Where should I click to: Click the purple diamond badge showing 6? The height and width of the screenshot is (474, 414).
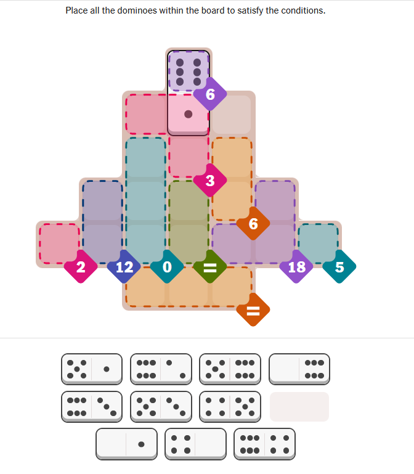[x=210, y=94]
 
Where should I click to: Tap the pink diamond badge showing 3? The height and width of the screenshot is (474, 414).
[x=210, y=181]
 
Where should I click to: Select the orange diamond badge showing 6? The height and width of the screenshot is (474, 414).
[x=253, y=224]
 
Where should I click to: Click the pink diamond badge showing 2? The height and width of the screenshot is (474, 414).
[x=81, y=267]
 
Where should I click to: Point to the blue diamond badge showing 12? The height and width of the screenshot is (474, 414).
[x=124, y=267]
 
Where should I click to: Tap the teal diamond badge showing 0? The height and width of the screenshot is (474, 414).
[x=167, y=267]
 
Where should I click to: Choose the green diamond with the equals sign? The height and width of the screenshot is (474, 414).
[x=210, y=267]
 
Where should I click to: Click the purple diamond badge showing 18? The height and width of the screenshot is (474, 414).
[x=296, y=267]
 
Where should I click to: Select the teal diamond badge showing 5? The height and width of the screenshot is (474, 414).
[x=339, y=267]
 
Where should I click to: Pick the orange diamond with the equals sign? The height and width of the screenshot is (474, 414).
[x=253, y=310]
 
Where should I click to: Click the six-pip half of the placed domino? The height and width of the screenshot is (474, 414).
[x=189, y=72]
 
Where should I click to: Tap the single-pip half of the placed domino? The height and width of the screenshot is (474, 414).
[x=189, y=114]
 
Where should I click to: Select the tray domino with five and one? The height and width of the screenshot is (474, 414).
[x=92, y=369]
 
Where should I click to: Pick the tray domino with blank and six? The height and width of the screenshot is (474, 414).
[x=299, y=369]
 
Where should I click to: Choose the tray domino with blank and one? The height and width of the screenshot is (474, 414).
[x=127, y=444]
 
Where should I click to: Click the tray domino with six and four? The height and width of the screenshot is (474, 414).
[x=265, y=444]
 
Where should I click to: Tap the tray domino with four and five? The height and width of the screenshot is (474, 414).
[x=230, y=407]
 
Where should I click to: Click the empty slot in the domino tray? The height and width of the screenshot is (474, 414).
[x=299, y=407]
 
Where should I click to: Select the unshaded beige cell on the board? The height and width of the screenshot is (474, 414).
[x=232, y=114]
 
